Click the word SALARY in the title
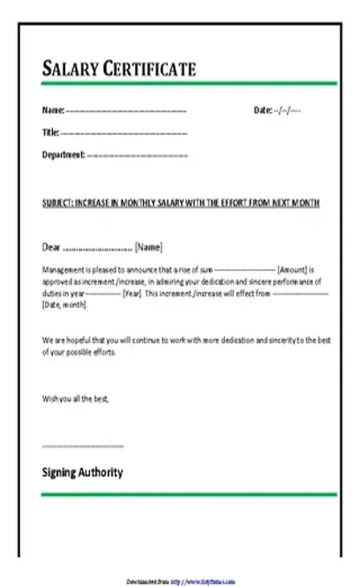(70, 69)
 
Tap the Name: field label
(54, 110)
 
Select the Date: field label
(263, 110)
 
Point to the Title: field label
(51, 132)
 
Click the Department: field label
(64, 154)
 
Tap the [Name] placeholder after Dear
(148, 247)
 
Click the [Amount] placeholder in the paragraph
(292, 268)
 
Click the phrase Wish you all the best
(75, 399)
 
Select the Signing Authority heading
(83, 472)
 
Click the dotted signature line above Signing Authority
(83, 447)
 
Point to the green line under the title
(189, 84)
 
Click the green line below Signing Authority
(189, 494)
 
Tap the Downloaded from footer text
(146, 582)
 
